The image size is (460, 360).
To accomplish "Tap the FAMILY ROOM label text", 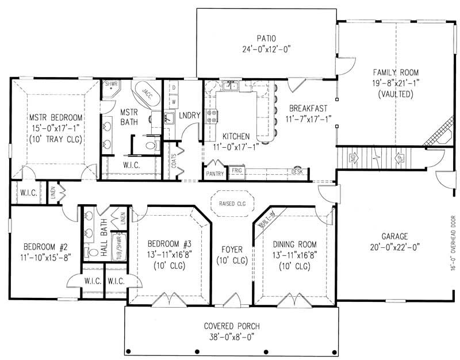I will [396, 72].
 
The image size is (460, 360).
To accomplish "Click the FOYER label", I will [232, 250].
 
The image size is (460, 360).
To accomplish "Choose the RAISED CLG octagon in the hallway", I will [232, 203].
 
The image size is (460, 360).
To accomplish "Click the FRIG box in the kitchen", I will [236, 171].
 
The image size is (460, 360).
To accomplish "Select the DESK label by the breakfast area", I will [297, 172].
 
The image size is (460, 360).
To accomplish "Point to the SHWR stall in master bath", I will [110, 85].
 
